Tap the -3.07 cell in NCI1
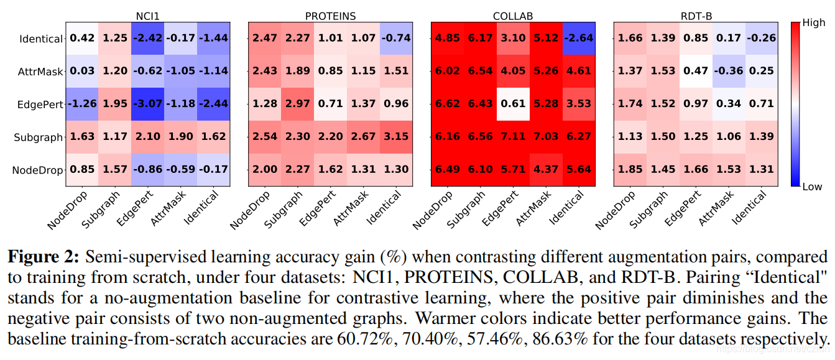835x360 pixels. (149, 104)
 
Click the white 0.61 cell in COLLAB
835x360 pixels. (513, 104)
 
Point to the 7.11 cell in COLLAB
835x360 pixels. (513, 137)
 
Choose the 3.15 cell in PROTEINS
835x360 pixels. (397, 137)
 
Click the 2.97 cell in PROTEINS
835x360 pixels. (298, 104)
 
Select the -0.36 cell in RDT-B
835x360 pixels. (729, 71)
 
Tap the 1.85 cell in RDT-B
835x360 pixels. (630, 170)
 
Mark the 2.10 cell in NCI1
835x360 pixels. (149, 137)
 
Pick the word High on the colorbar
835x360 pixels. (813, 22)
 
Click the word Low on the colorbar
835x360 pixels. (812, 187)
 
